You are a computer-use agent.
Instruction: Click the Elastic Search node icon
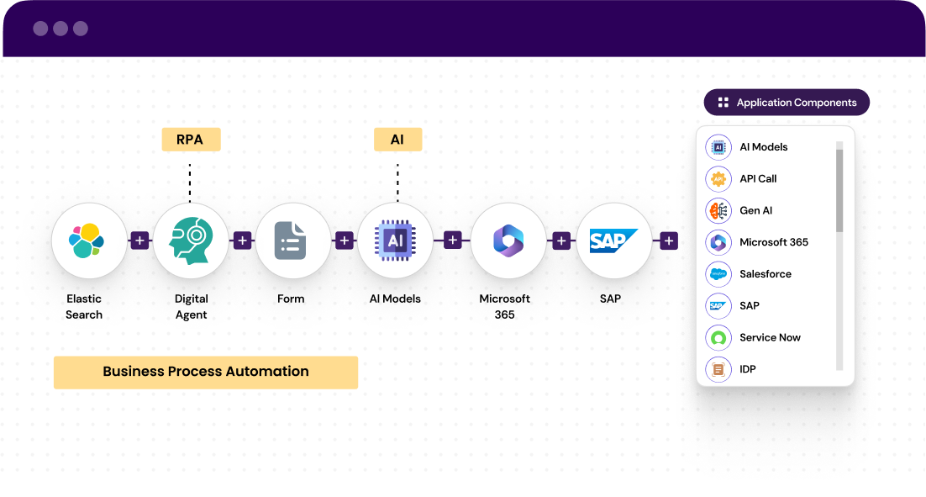[x=88, y=241]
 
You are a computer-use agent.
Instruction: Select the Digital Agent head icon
[x=191, y=241]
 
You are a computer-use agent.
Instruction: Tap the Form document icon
[x=292, y=241]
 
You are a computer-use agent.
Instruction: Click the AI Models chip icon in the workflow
[x=395, y=241]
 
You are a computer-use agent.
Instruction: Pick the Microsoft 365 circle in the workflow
[x=508, y=241]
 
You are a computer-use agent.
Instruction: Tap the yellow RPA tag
[x=191, y=139]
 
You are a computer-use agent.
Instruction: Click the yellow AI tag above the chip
[x=397, y=139]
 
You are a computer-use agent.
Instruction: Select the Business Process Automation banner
[x=206, y=372]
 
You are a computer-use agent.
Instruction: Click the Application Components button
[x=787, y=103]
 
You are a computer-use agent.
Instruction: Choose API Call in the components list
[x=757, y=178]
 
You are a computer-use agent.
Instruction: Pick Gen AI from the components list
[x=755, y=210]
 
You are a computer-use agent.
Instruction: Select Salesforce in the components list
[x=765, y=274]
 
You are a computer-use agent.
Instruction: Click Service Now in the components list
[x=770, y=337]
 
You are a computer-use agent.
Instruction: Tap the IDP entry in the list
[x=747, y=369]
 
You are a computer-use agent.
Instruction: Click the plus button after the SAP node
[x=669, y=241]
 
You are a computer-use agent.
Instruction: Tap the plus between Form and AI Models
[x=344, y=241]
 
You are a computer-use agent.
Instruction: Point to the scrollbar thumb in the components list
[x=839, y=190]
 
